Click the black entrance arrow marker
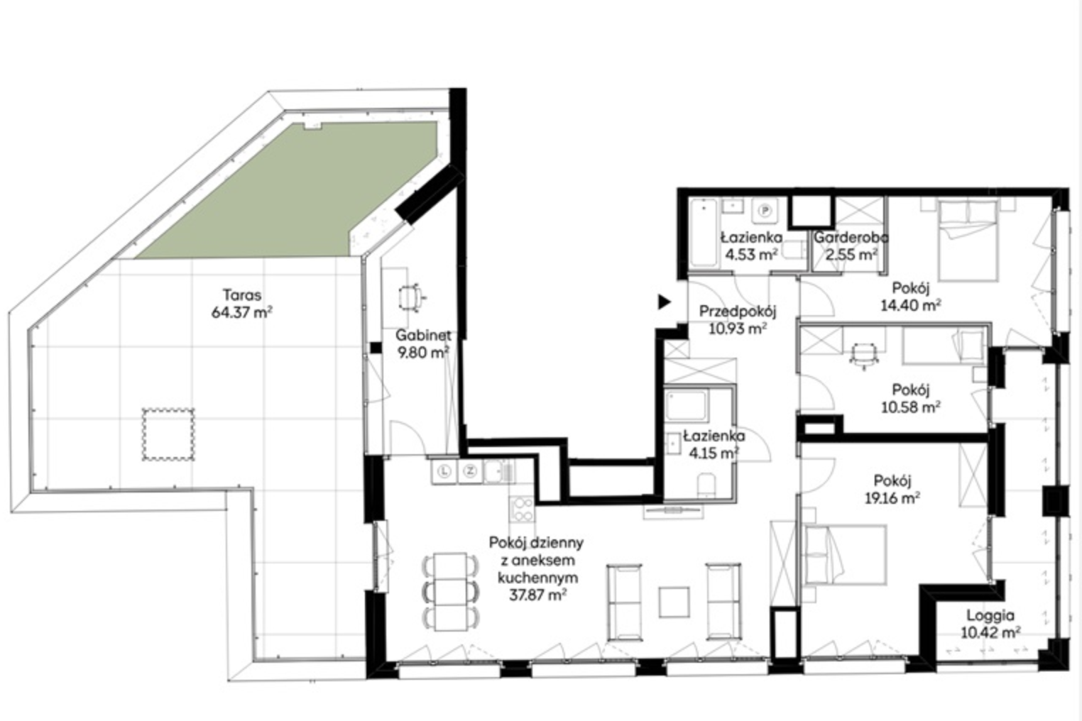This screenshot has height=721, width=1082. pos(664,302)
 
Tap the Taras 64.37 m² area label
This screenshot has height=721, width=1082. pos(242,304)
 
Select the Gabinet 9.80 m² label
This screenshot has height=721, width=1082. pos(423,344)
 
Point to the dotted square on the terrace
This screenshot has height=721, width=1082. pos(168,434)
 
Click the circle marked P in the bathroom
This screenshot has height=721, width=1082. pos(765,211)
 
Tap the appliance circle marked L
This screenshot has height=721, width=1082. pos(444,470)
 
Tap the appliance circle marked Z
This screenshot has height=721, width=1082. pos(470,470)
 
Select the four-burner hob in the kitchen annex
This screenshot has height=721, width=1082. pos(522,510)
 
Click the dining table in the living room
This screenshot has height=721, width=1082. pos(451,592)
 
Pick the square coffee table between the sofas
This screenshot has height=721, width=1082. pos(674,602)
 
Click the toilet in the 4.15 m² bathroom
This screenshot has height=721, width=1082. pos(706,485)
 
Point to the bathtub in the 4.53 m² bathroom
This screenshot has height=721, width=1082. pos(704,233)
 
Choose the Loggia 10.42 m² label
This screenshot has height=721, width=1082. pos(990,624)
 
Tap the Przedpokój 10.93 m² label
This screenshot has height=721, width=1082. pos(738,319)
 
